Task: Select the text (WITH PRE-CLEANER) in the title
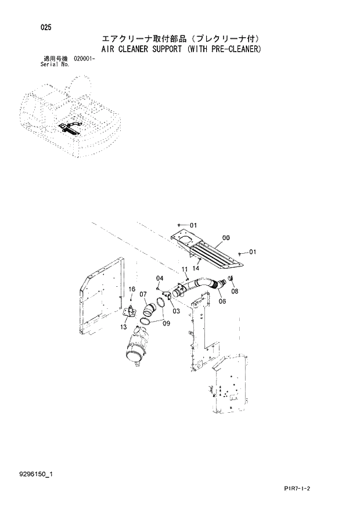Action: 224,49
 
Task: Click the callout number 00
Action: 226,237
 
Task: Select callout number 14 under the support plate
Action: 196,268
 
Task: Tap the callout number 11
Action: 184,269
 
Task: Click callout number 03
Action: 176,311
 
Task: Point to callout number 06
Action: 222,301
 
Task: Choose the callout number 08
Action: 235,292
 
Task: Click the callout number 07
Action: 143,294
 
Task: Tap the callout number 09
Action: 166,323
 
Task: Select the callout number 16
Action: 132,289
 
